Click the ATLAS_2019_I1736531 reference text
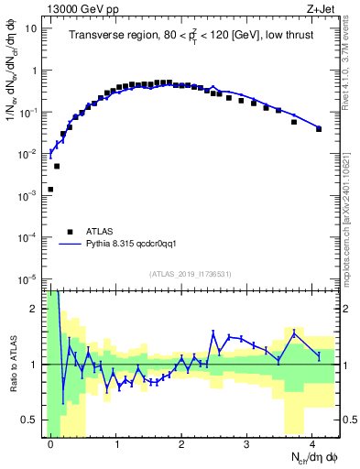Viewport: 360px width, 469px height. point(191,274)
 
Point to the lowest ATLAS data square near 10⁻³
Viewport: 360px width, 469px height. point(50,190)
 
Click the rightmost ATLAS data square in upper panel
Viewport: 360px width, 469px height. point(319,129)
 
